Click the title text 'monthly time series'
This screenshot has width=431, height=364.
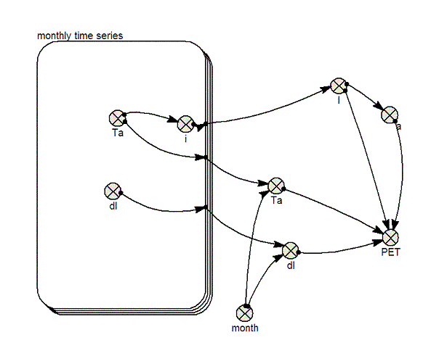click(x=80, y=36)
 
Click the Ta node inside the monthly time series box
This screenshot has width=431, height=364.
click(x=117, y=118)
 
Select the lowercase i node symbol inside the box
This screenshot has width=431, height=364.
click(x=185, y=124)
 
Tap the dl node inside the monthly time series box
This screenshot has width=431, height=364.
click(x=113, y=191)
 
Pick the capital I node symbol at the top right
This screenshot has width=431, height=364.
click(x=339, y=86)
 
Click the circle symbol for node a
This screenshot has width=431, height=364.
click(x=390, y=115)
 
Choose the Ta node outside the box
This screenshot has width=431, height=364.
click(x=276, y=186)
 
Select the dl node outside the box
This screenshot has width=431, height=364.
click(x=291, y=250)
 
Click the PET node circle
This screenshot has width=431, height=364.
click(x=390, y=237)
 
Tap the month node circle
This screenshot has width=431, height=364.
click(x=245, y=313)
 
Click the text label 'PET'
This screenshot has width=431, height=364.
click(x=390, y=252)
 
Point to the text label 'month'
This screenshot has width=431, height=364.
click(x=245, y=328)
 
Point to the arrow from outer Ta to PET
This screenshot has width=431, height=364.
click(x=334, y=210)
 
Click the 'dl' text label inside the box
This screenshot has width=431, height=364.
click(x=113, y=206)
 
